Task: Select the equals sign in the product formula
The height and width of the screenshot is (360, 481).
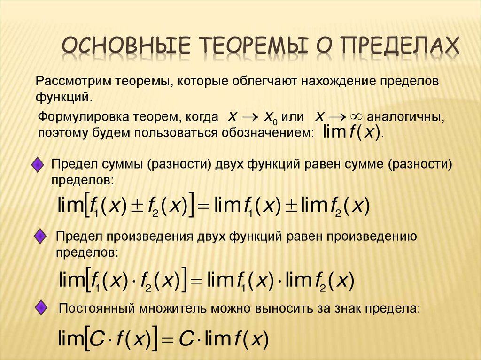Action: [196, 282]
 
